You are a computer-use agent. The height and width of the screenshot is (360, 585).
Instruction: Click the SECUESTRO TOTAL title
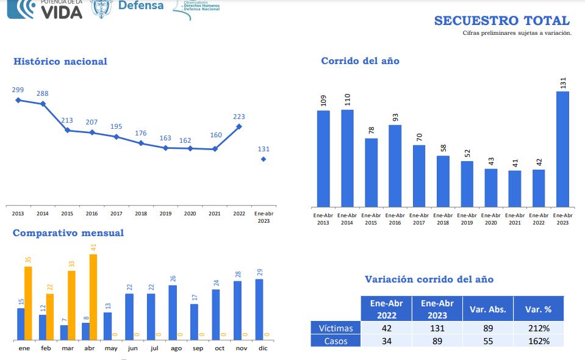click(501, 21)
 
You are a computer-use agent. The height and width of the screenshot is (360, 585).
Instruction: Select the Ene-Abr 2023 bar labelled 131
click(562, 149)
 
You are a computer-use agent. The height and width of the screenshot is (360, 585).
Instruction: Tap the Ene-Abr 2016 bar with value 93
click(395, 165)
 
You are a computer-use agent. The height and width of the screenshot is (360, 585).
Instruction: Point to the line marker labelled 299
click(18, 100)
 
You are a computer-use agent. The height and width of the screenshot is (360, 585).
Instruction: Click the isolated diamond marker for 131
click(264, 159)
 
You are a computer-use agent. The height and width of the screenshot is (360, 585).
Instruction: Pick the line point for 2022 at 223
click(239, 127)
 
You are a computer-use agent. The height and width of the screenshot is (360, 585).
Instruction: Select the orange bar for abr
click(93, 297)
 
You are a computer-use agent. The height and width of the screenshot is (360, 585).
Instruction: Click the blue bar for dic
click(259, 309)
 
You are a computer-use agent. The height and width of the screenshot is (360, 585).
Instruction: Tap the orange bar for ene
click(28, 303)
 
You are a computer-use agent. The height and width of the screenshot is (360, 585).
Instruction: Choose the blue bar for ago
click(173, 312)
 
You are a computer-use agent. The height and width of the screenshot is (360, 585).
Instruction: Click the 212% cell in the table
click(538, 328)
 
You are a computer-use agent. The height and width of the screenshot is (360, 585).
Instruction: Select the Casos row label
click(336, 341)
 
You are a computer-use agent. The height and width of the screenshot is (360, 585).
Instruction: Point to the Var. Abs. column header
click(487, 309)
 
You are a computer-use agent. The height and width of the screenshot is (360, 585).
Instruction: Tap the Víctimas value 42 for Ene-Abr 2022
click(386, 328)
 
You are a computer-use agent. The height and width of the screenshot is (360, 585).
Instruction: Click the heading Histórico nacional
click(60, 61)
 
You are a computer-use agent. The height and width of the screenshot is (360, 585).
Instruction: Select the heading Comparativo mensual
click(68, 232)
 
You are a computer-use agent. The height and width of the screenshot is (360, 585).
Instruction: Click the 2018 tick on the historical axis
click(141, 214)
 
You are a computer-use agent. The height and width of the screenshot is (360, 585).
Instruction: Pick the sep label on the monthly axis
click(198, 348)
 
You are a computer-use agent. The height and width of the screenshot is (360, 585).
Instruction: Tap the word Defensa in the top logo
click(140, 5)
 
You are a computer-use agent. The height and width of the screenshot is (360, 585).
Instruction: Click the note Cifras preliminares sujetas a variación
click(517, 33)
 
